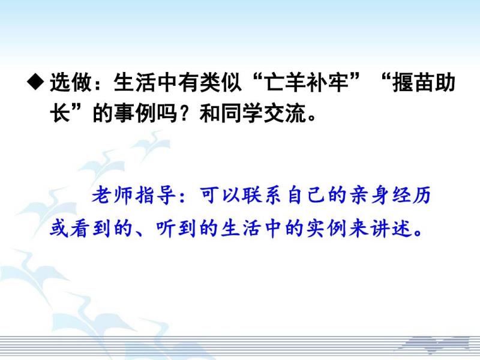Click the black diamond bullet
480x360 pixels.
tap(35, 82)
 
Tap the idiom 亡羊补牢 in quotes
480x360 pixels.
tap(307, 82)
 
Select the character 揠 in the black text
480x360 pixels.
tap(403, 82)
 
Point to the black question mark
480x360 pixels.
tap(188, 113)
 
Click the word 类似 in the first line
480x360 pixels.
tap(220, 82)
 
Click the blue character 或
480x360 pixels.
tap(59, 228)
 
